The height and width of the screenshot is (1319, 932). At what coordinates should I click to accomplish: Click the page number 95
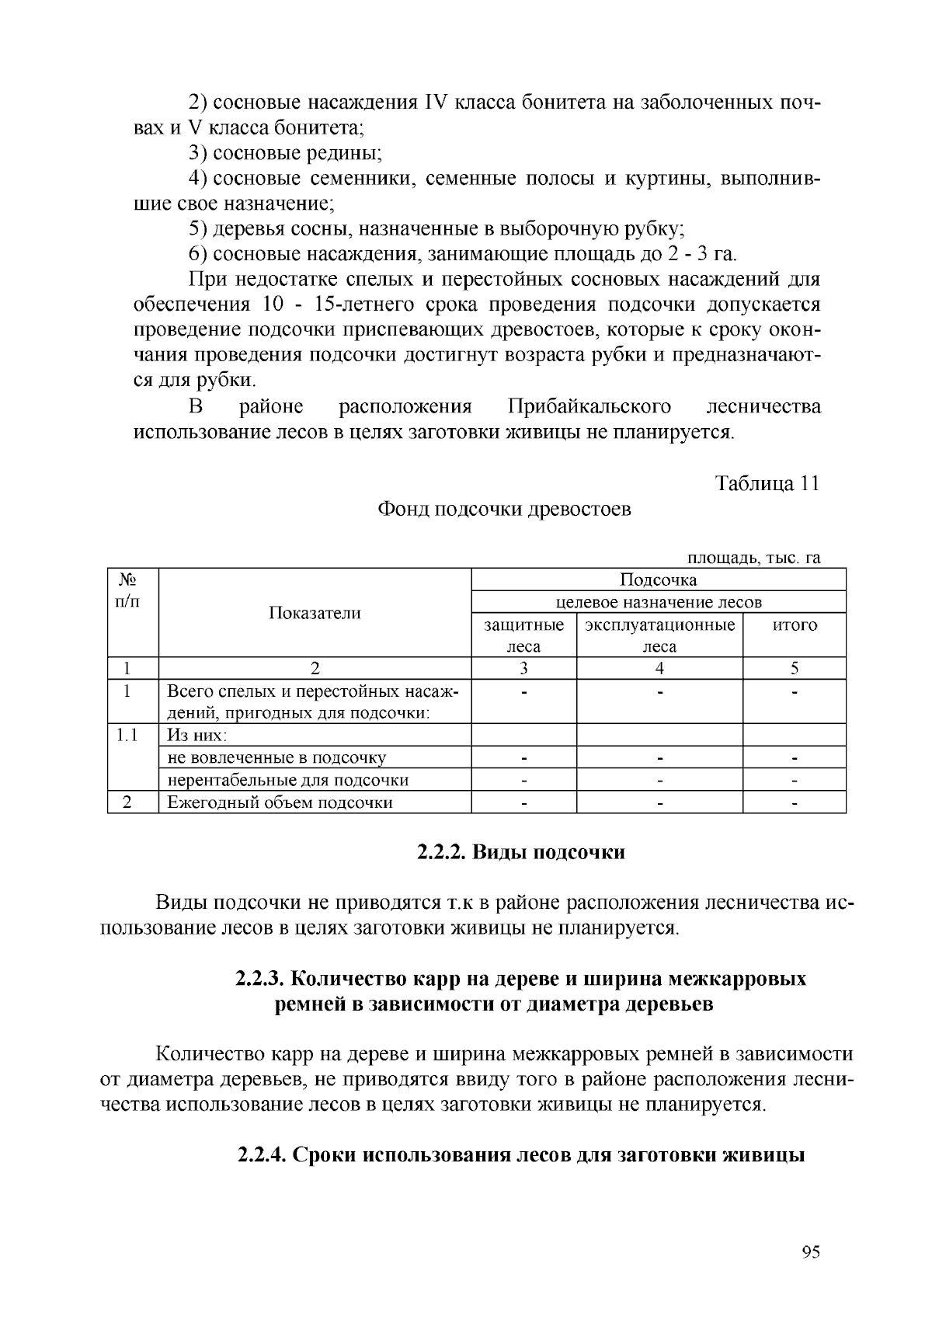810,1251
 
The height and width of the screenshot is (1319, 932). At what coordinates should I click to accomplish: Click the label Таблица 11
767,483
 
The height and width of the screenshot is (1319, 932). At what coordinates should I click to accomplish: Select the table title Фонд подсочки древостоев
503,510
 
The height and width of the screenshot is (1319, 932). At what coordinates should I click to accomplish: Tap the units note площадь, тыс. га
753,558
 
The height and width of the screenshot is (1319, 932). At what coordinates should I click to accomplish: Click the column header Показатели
315,613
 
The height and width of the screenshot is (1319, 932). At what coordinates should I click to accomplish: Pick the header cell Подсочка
658,579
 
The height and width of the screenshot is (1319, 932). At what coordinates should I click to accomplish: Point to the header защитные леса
523,635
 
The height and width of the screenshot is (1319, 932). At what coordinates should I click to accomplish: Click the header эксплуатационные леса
659,635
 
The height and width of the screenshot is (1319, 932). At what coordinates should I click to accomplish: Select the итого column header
794,625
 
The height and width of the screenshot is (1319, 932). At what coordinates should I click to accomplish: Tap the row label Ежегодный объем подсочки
280,802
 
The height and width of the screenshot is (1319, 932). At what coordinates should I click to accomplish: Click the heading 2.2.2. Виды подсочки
520,852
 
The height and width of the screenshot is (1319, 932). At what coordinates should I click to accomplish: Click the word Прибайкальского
589,407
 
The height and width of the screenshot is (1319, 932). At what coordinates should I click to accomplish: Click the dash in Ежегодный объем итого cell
794,802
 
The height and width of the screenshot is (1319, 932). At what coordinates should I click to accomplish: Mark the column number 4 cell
659,668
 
